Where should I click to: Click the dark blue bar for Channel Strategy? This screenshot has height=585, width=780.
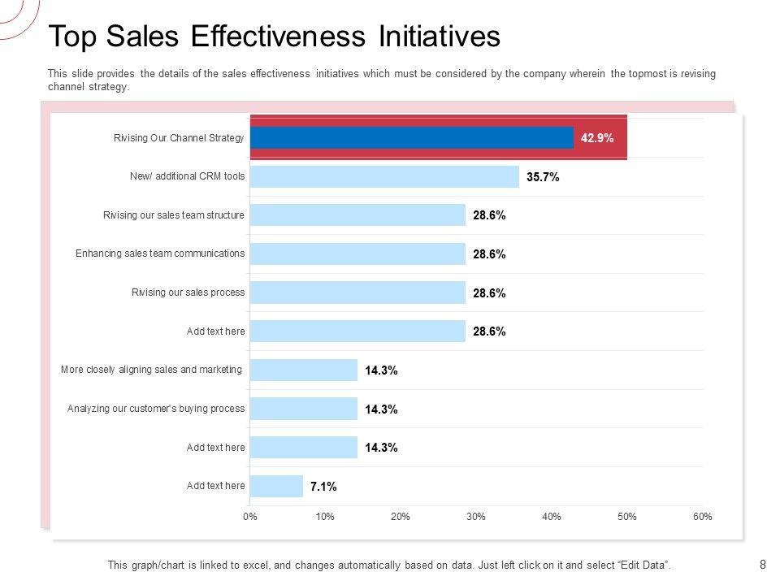[x=411, y=138]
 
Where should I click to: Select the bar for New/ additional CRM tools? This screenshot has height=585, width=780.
[x=383, y=177]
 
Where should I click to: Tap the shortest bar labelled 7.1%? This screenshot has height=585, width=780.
[x=276, y=486]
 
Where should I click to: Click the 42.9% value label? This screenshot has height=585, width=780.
[x=597, y=138]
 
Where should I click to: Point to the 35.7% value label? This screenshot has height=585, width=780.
[x=543, y=177]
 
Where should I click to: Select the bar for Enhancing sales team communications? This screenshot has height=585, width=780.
[x=357, y=254]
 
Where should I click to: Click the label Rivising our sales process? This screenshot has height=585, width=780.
[x=188, y=292]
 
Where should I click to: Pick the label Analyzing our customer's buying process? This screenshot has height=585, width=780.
[x=156, y=408]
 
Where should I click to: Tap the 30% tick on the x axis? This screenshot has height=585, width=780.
[x=476, y=517]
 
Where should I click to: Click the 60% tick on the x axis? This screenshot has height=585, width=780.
[x=703, y=517]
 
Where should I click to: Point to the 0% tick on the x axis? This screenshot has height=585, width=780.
[x=249, y=517]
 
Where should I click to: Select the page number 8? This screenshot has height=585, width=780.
[x=762, y=564]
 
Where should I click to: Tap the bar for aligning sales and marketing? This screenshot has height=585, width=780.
[x=304, y=370]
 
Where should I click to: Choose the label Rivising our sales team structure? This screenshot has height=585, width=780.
[x=174, y=215]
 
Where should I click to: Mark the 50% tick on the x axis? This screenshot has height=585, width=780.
[x=627, y=517]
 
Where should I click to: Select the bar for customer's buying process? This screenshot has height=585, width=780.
[x=304, y=409]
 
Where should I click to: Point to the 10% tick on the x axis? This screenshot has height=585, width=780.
[x=325, y=517]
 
